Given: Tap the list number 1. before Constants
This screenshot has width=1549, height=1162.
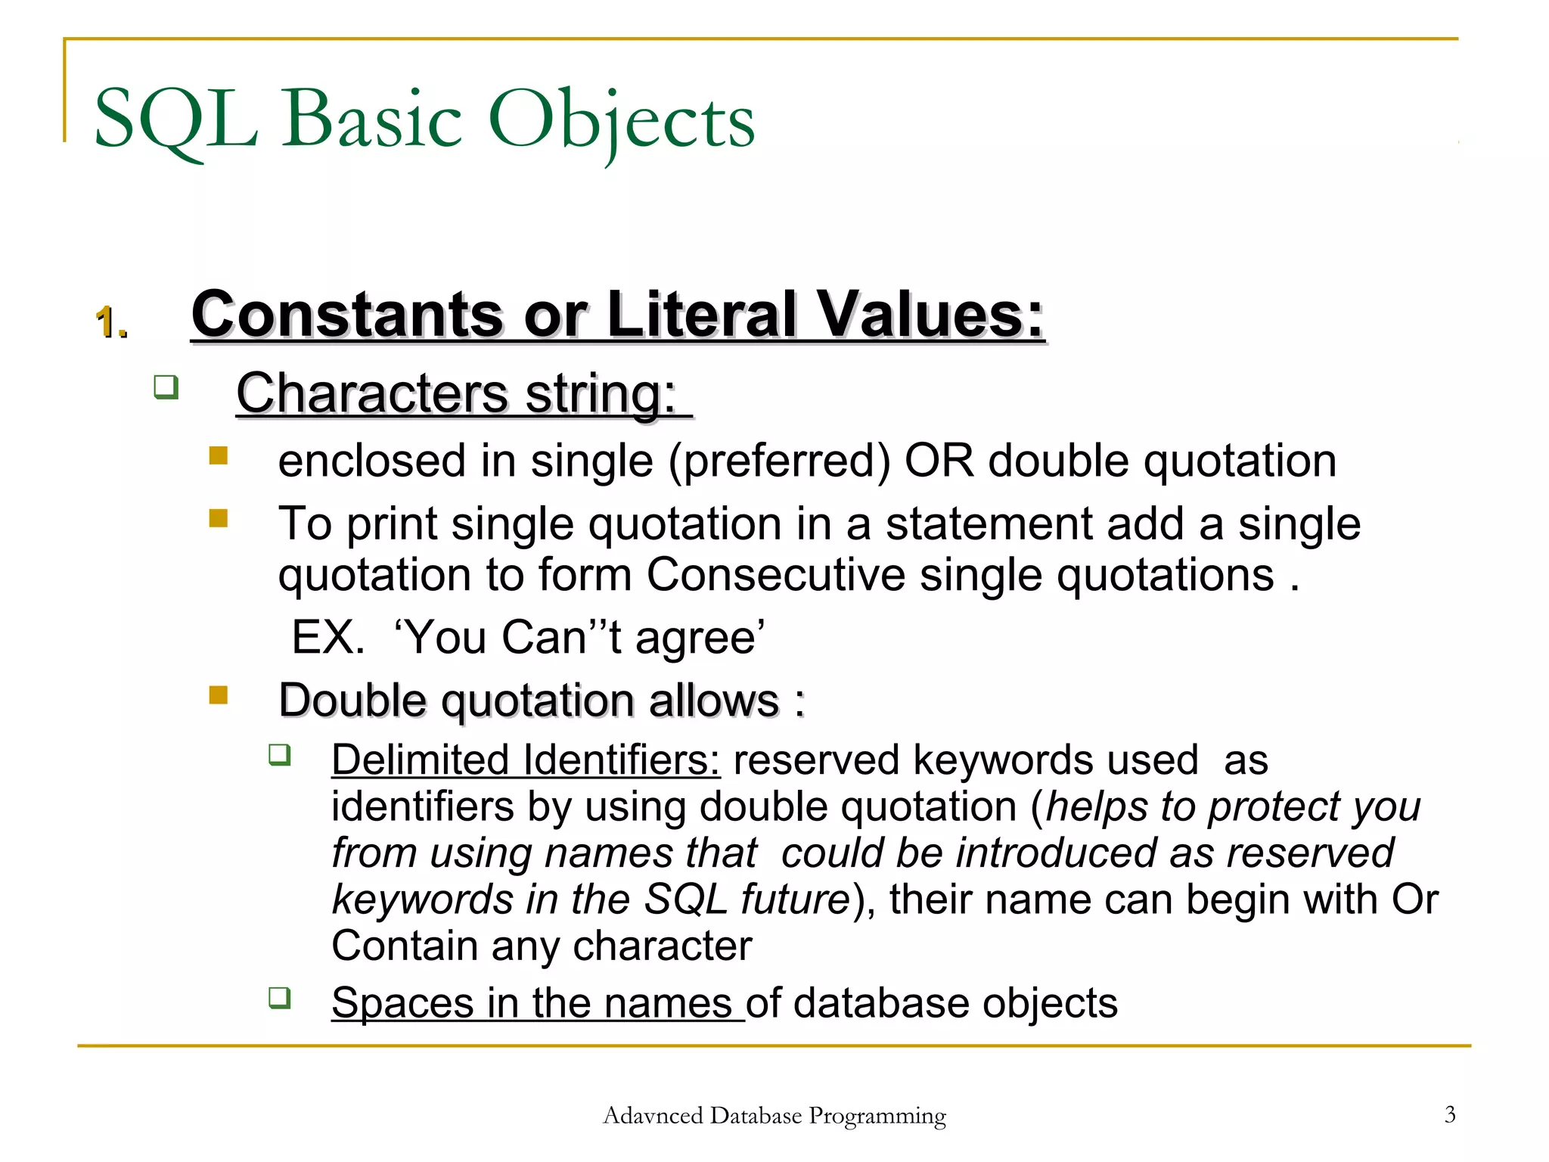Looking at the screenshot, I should coord(111,323).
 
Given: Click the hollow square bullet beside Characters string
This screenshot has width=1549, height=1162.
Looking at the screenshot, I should coord(166,387).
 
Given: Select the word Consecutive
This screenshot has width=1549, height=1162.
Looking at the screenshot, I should coord(775,575).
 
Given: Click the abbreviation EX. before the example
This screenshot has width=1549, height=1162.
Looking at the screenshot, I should coord(327,637).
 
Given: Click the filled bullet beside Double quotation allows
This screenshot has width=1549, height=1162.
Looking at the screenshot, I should coord(219,694).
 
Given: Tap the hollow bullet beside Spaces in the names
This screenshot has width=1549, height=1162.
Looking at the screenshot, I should coord(280,998).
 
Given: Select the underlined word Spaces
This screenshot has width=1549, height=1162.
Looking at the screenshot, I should coord(402,1003).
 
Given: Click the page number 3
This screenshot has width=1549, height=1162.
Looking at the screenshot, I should coord(1449,1114).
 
